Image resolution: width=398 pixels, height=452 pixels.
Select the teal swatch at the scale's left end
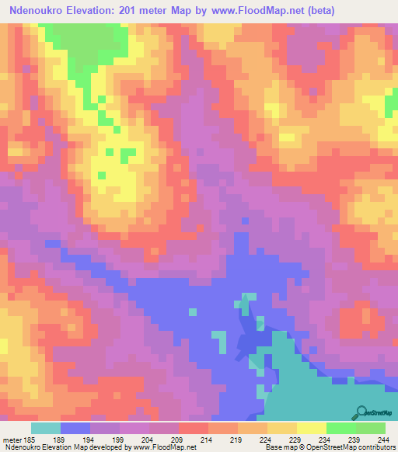tap(45, 428)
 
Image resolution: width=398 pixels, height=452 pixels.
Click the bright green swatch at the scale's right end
tap(371, 428)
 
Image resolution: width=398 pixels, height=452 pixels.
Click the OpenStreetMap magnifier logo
tap(361, 412)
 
